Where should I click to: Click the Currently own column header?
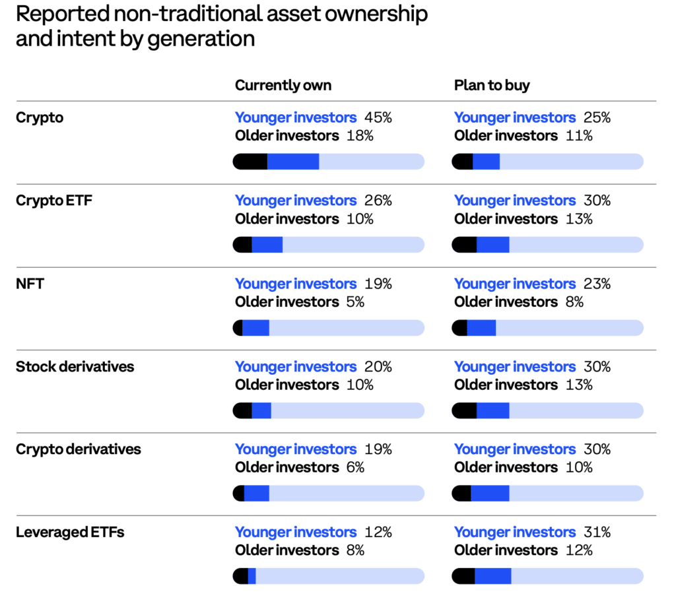click(x=283, y=85)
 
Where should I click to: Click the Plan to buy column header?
click(x=492, y=85)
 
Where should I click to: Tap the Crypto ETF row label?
click(x=54, y=201)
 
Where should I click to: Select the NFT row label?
click(x=30, y=284)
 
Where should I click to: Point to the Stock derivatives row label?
click(x=75, y=367)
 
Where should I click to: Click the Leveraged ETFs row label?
click(x=70, y=532)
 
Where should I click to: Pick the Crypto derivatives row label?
click(x=79, y=449)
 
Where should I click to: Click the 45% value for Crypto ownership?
click(x=378, y=117)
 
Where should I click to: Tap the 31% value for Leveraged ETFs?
click(x=597, y=532)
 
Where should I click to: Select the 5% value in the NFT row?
click(x=355, y=302)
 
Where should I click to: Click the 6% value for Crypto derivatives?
click(x=355, y=467)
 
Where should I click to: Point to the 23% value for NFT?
click(x=597, y=284)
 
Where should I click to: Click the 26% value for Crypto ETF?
click(x=378, y=201)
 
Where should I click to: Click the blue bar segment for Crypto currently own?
click(x=293, y=162)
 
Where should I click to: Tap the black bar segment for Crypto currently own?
click(x=250, y=162)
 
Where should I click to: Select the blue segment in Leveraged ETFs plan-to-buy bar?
click(x=492, y=576)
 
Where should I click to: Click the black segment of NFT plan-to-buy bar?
click(x=459, y=328)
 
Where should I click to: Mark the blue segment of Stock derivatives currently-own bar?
click(x=261, y=410)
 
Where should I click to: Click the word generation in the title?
click(x=201, y=39)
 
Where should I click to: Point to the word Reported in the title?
click(x=63, y=15)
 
